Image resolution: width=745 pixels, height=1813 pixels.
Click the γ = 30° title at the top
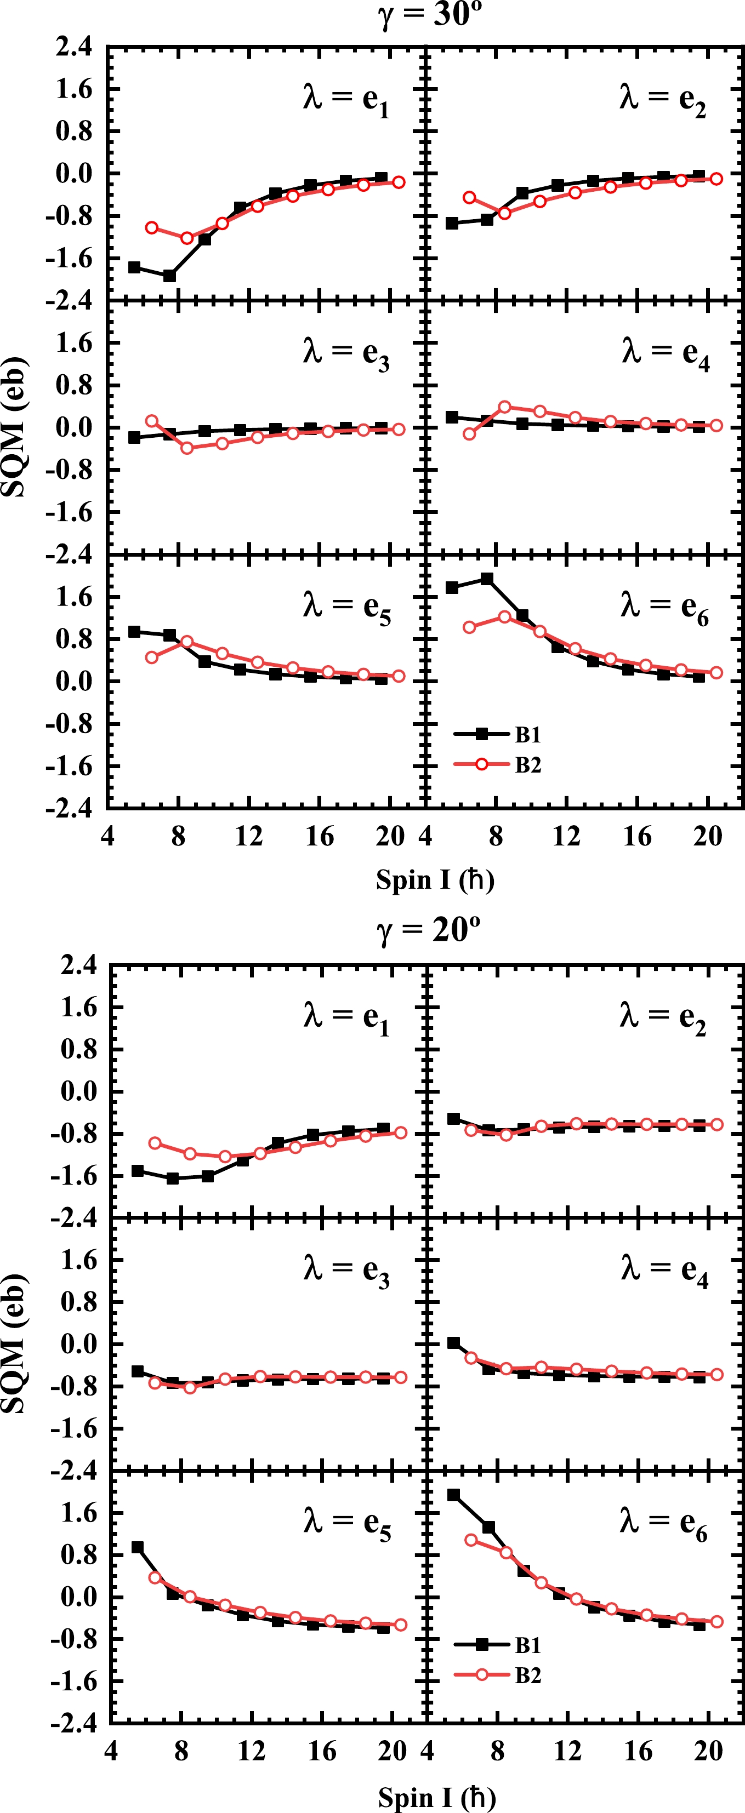coord(430,14)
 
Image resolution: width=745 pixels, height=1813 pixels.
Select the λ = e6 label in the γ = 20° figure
coord(664,1522)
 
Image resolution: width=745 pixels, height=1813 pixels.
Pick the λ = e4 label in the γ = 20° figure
coord(664,1269)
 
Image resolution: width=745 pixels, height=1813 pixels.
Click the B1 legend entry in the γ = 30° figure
coord(527,735)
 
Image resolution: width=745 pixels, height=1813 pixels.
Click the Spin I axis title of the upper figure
coord(435,880)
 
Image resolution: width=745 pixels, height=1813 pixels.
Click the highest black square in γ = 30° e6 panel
coord(487,579)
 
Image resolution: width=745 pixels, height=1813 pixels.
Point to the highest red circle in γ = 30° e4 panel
coord(505,407)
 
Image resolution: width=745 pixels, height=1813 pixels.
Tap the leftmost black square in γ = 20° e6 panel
coord(453,1495)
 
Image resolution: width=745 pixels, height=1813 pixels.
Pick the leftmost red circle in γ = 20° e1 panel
coord(155,1143)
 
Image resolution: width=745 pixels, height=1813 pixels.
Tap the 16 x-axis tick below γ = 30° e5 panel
coord(320,837)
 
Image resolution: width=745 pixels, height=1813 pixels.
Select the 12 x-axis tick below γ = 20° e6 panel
coord(567,1751)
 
